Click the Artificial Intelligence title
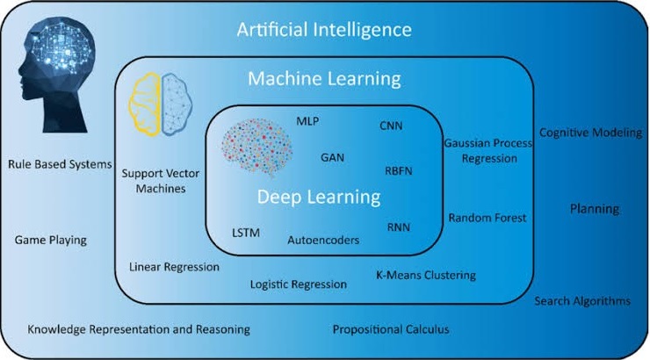pos(324,31)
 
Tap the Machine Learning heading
pos(324,79)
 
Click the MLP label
pos(307,120)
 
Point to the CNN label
pos(391,126)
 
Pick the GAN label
pos(332,158)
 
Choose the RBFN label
pos(401,170)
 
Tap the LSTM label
pos(246,233)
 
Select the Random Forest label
pos(487,218)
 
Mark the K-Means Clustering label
pos(425,275)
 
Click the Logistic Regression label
pos(298,284)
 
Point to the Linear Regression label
pos(174,266)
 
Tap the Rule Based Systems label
pos(60,163)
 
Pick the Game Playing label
pos(51,240)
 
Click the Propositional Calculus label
pos(390,329)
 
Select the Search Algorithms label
pos(582,301)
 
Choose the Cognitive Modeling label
pos(590,133)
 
